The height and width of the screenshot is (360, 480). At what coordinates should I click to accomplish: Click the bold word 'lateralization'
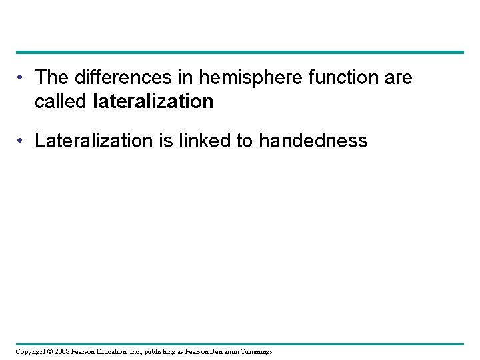click(x=153, y=101)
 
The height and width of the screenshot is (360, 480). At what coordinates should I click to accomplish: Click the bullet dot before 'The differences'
click(x=23, y=78)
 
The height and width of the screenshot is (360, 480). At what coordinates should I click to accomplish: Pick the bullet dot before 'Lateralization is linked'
click(x=23, y=141)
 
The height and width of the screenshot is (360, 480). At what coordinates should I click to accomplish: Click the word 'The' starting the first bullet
click(x=49, y=77)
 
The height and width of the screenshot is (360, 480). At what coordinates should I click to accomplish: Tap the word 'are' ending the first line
click(x=399, y=77)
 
